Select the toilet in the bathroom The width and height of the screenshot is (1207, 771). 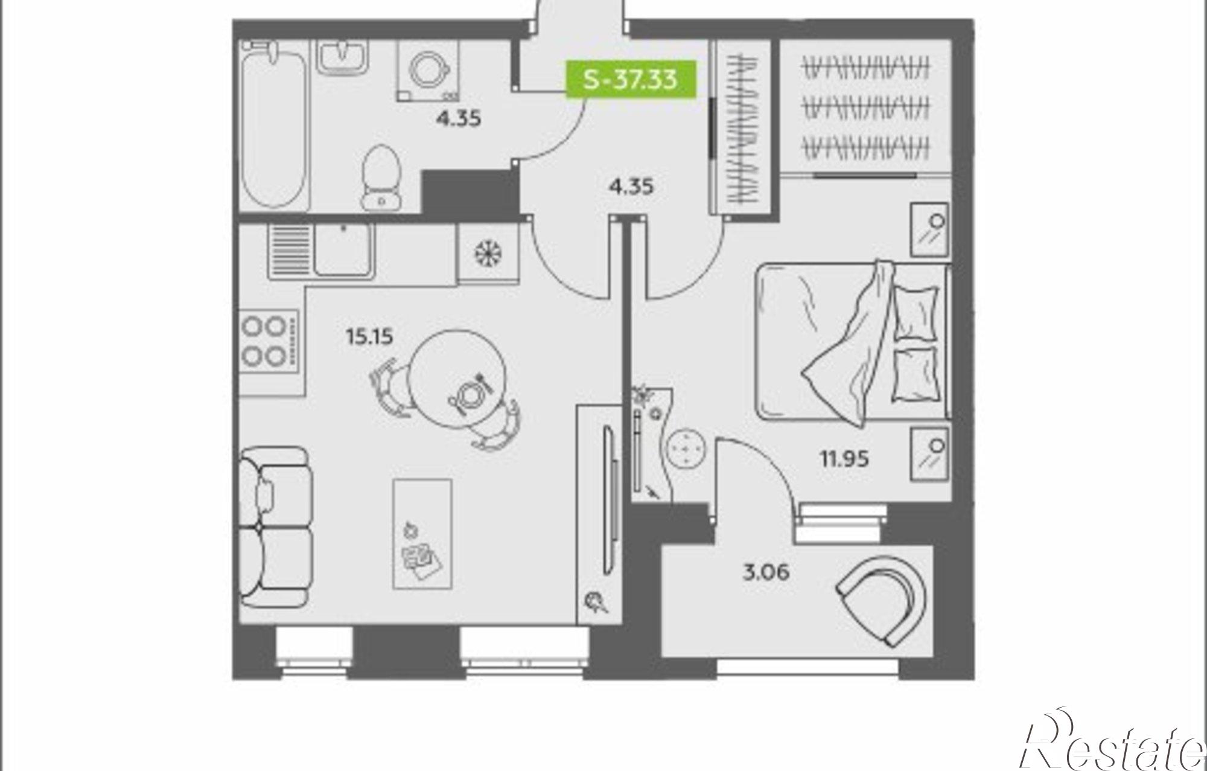(381, 177)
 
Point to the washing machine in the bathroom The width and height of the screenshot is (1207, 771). (428, 70)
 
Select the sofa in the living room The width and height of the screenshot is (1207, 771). (275, 527)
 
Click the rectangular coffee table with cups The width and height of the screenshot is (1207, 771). (422, 534)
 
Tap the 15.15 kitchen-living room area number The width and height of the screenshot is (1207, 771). (369, 336)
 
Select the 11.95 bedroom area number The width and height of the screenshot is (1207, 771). (844, 459)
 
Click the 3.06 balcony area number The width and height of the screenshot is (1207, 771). (766, 571)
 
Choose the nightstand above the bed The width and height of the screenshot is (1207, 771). (929, 229)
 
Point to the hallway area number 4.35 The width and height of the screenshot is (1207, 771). (631, 187)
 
